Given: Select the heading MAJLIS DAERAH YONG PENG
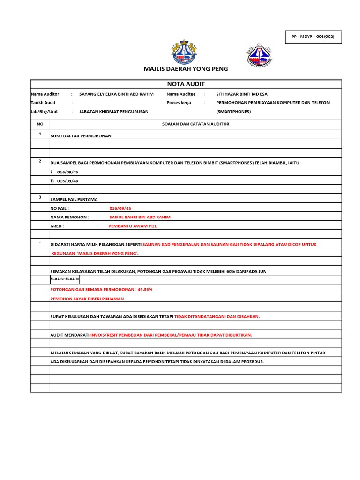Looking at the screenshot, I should [x=186, y=69].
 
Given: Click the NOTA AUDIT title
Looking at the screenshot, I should [x=186, y=84].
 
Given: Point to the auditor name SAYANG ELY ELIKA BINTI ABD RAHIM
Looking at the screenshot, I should [x=116, y=94].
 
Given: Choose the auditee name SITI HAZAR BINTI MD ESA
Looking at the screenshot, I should [x=242, y=94].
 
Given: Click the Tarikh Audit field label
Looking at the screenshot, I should [x=43, y=103].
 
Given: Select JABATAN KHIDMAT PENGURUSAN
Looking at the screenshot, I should [x=113, y=112].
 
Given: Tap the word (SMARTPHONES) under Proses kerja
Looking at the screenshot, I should [x=233, y=112].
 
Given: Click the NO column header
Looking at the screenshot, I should [x=40, y=124].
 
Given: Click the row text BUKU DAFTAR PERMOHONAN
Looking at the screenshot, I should [x=81, y=136].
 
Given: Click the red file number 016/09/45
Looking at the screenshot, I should [x=120, y=208].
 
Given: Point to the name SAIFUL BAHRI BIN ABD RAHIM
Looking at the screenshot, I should [x=140, y=217].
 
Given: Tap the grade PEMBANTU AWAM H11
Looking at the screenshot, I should [x=132, y=226].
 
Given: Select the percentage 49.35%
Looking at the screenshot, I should [x=145, y=289].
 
